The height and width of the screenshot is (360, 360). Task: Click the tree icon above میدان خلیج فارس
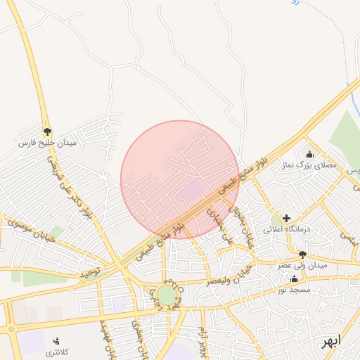48,131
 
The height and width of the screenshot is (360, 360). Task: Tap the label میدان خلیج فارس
47,143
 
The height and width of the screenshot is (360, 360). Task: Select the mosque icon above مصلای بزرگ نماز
309,154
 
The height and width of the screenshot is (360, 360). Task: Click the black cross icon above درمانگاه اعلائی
286,218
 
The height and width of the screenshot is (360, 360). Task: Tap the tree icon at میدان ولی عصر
302,255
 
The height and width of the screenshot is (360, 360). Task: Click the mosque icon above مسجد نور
294,278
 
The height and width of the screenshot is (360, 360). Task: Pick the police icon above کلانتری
56,340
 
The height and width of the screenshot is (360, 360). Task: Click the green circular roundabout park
167,295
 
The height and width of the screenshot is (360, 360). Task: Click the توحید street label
91,271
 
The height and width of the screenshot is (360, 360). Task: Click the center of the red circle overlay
180,179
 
